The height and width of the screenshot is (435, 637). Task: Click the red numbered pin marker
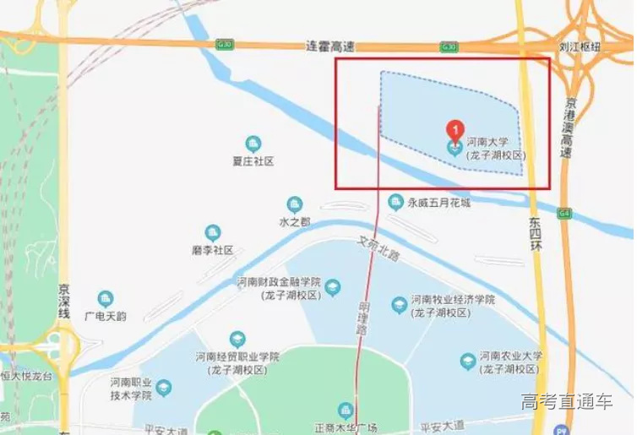455,129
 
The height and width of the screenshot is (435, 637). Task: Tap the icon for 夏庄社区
253,144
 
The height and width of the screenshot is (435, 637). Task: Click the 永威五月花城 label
438,203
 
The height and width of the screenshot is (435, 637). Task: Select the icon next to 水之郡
294,204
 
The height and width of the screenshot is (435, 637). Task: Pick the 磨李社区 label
212,250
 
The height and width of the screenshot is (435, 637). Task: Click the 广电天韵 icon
105,299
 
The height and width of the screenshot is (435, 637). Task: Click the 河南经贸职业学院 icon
237,339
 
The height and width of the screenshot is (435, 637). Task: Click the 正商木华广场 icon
345,410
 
